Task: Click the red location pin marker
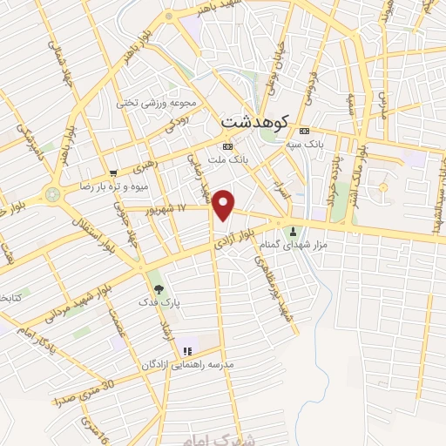[225, 205]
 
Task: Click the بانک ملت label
[253, 146]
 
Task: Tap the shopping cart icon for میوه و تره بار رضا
[114, 172]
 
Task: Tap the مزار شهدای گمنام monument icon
[293, 232]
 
